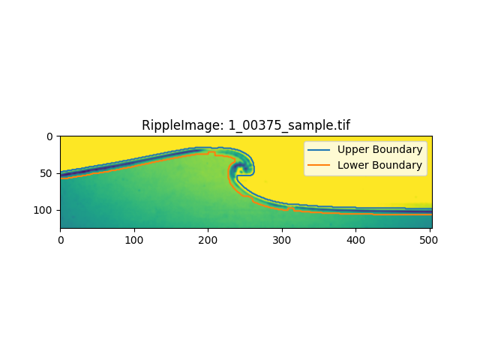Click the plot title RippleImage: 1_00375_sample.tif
pos(245,125)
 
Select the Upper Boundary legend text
pos(380,149)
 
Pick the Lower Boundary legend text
pos(380,165)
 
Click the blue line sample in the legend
pos(319,150)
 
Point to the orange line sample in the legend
pos(319,165)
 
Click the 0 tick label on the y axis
pos(49,136)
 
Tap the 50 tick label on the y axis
pos(46,173)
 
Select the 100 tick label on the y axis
pos(43,210)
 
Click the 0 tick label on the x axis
pos(61,240)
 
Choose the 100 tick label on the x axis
pos(134,240)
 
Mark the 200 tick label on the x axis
pos(208,240)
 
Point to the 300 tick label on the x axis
pos(282,240)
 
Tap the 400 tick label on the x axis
pos(355,240)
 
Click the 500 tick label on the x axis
pos(428,240)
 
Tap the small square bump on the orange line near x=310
pos(291,208)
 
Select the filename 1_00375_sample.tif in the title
pos(289,126)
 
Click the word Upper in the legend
pos(352,150)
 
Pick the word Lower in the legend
pos(352,165)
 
